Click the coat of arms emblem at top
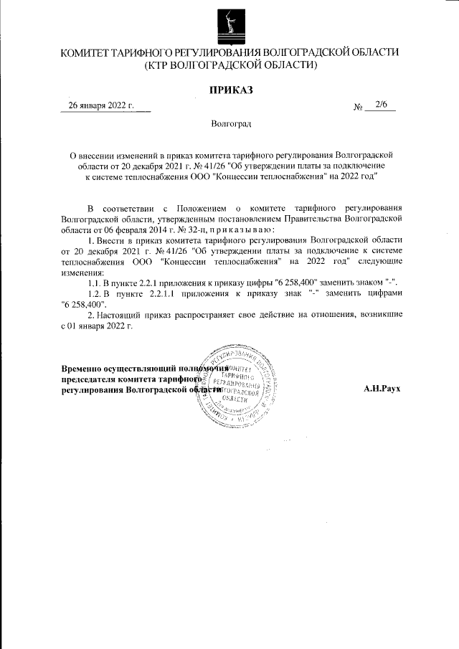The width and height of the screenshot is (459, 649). click(x=230, y=23)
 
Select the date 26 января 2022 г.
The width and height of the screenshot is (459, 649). click(x=101, y=105)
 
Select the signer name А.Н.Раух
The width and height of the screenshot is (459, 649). click(x=382, y=388)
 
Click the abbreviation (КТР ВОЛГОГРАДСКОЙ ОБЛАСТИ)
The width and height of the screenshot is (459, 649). click(x=230, y=65)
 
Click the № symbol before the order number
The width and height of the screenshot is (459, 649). click(x=359, y=106)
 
